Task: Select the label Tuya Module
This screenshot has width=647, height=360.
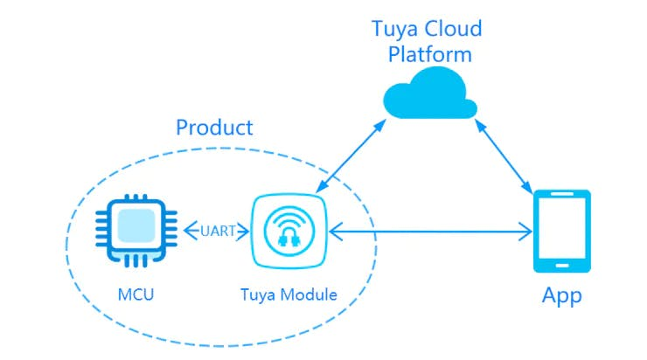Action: (x=289, y=294)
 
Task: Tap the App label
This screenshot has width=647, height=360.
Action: (x=561, y=295)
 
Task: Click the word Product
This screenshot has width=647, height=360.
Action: (x=214, y=128)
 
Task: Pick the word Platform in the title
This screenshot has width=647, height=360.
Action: (x=429, y=54)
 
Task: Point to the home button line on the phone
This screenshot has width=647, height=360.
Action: (x=562, y=265)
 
